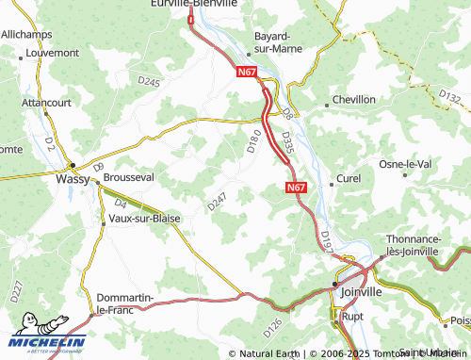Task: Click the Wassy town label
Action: tap(73, 176)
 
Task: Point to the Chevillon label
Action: tap(354, 99)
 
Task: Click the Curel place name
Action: tap(349, 177)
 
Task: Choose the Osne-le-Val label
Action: tap(405, 164)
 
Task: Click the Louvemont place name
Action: tap(54, 54)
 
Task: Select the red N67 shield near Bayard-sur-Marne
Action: tap(246, 72)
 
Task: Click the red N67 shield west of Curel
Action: tap(296, 188)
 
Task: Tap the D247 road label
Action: tap(218, 201)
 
